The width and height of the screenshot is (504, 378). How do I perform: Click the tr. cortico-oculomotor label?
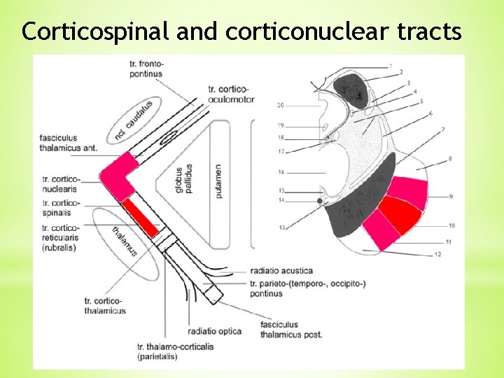(x=231, y=94)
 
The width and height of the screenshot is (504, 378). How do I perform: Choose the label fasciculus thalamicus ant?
(x=69, y=143)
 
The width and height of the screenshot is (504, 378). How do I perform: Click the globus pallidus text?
(x=183, y=178)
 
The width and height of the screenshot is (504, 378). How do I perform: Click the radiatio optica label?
(x=215, y=330)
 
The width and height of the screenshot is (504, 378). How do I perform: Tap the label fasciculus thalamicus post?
(x=290, y=330)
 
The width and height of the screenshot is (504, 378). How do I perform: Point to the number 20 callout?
(x=280, y=106)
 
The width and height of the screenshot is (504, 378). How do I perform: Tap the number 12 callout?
(x=437, y=255)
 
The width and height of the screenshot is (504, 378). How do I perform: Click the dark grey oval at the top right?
(x=351, y=90)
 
